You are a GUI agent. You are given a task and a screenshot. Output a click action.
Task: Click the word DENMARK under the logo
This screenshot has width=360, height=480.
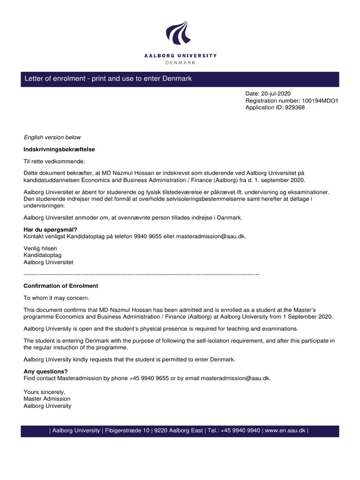coord(180,62)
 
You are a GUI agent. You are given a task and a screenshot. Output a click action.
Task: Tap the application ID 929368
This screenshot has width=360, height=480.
coord(295,107)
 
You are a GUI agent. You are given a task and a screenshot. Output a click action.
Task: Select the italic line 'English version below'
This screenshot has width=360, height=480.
coord(52,137)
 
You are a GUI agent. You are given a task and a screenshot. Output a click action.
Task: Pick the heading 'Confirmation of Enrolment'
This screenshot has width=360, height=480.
coord(61,286)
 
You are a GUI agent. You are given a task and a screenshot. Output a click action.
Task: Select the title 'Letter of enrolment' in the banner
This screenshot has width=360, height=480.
coord(56,79)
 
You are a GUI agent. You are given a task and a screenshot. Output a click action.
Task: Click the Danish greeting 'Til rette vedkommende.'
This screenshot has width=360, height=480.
coord(54,162)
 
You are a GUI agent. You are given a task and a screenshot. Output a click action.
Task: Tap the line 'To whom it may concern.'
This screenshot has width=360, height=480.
coord(56,298)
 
